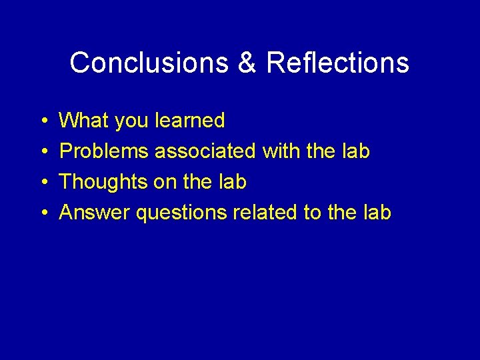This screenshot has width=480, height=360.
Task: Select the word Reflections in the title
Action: coord(337,63)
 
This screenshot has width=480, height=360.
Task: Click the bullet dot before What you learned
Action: coord(43,121)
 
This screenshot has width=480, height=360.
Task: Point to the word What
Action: coord(85,121)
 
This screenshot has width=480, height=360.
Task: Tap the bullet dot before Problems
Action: coord(43,152)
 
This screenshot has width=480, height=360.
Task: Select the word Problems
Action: coord(104,151)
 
